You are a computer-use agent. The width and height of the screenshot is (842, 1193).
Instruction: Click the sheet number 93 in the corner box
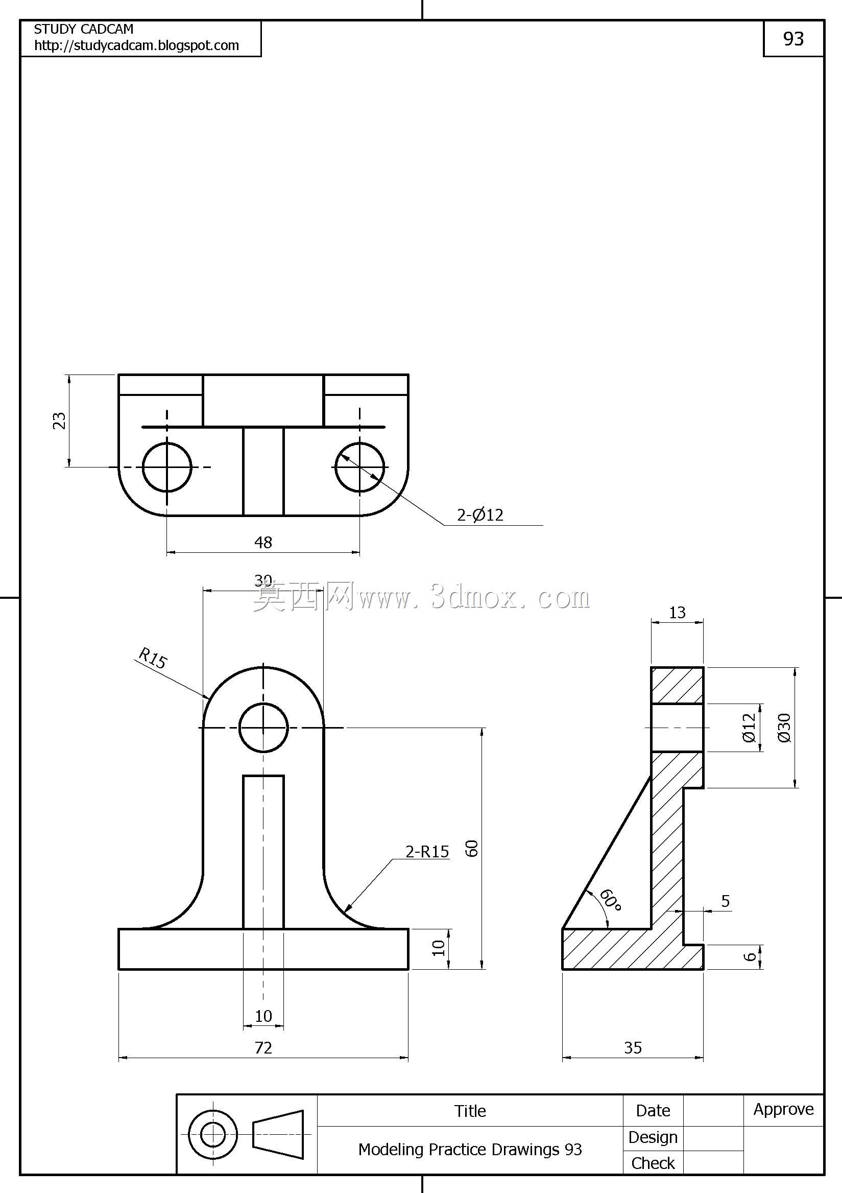(793, 38)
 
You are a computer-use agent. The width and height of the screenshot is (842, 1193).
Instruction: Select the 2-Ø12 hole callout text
(480, 514)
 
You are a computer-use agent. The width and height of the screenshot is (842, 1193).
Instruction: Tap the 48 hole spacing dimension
(263, 542)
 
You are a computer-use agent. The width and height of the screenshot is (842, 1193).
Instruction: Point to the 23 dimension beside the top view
(59, 420)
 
